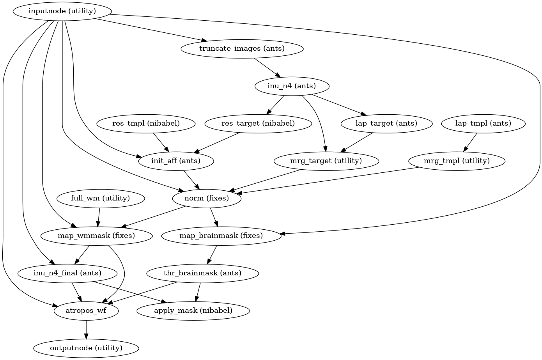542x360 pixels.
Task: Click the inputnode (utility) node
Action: pos(62,11)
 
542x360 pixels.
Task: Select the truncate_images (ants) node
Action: pos(242,49)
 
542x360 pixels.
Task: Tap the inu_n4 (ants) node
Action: pos(292,86)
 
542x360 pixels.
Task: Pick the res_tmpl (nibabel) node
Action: pos(146,124)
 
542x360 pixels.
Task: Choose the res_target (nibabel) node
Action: pos(258,124)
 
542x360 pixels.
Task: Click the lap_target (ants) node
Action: pos(386,124)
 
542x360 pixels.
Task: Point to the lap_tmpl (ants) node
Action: pos(483,124)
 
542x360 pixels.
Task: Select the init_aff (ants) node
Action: pos(176,161)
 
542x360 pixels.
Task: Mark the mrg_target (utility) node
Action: pos(326,161)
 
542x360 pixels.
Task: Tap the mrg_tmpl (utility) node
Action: pos(457,161)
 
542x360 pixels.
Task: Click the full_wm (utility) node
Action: pos(101,198)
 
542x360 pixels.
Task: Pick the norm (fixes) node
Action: pos(207,198)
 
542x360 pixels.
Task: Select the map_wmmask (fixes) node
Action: pos(96,236)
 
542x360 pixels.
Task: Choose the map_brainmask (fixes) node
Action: pos(221,236)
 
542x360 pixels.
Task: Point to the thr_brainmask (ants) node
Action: pos(202,273)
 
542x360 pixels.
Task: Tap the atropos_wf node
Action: pos(86,310)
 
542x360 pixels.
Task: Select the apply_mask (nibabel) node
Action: pos(193,310)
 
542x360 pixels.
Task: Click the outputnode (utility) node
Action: pos(86,348)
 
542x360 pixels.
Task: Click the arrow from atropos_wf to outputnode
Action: pos(86,329)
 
